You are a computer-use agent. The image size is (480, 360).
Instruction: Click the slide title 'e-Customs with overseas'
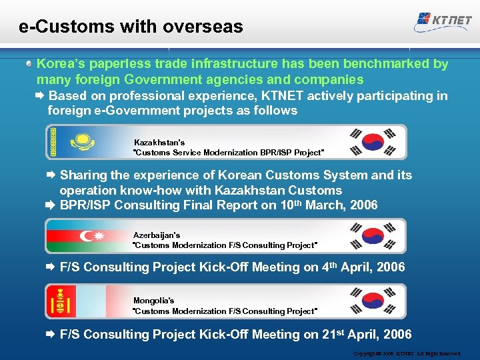[131, 27]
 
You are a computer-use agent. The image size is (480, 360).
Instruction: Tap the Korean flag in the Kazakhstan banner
[373, 142]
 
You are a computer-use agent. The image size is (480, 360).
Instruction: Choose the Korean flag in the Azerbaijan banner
[373, 236]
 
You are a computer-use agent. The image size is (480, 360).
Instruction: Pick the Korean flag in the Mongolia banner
[373, 301]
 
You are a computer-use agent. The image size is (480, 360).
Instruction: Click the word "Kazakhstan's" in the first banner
[159, 143]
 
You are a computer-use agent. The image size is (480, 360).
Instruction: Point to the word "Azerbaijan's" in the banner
[157, 235]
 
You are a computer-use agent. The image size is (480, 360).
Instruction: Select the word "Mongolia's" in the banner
[153, 301]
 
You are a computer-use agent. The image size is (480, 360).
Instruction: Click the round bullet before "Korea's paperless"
[30, 64]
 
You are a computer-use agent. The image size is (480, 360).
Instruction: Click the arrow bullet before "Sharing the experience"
[51, 175]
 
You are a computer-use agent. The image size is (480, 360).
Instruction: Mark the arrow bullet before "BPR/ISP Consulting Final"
[51, 205]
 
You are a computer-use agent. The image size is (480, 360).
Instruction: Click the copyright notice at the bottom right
[406, 353]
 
